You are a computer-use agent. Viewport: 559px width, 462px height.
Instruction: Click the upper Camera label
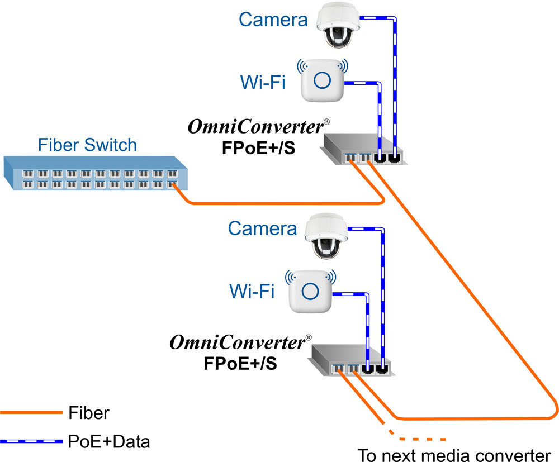(273, 20)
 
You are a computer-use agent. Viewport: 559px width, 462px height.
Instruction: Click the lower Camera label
(262, 228)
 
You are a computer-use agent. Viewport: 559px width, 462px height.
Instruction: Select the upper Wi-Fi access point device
(321, 80)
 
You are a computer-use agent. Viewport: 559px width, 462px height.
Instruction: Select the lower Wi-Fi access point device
(310, 290)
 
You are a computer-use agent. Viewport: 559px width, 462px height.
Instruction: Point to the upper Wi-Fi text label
(263, 83)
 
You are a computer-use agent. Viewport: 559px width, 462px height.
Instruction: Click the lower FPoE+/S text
(240, 363)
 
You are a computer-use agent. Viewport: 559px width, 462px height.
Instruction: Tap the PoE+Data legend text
(109, 442)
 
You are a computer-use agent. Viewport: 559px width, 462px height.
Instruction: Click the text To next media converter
(454, 454)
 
